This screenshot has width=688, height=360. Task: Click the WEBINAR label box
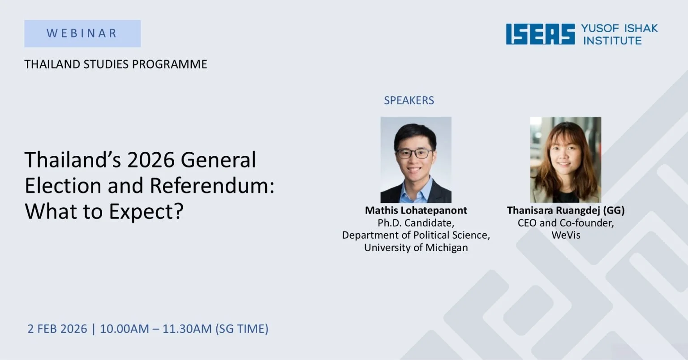pos(82,34)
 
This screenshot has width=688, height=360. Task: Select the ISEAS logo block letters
pos(540,34)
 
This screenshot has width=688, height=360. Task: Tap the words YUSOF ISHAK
pos(619,28)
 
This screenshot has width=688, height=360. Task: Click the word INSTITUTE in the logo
pos(612,41)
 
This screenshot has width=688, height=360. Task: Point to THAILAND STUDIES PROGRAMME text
pos(116,64)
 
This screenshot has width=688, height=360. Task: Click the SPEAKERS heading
pos(408,100)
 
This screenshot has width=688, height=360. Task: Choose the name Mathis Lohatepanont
pos(416,210)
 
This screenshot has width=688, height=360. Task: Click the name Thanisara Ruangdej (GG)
pos(565,210)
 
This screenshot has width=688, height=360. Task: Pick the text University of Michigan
pos(416,248)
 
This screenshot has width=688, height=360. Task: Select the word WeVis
pos(565,235)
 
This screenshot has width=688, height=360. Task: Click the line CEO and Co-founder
pos(565,223)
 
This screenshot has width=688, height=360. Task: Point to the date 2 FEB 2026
pos(57,329)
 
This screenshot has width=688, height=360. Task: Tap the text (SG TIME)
pos(242,329)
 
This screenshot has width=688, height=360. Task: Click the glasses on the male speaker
pos(415,154)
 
